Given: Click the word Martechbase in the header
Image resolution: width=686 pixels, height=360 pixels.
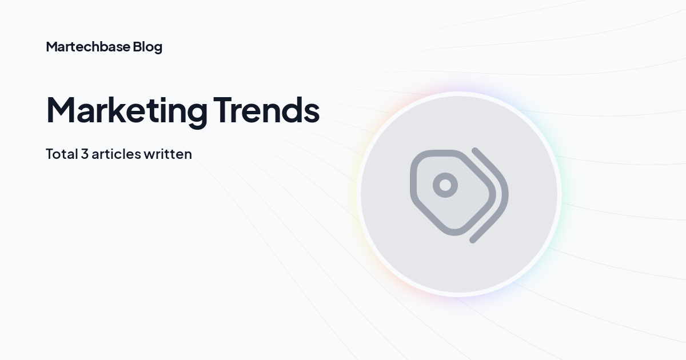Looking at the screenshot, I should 87,47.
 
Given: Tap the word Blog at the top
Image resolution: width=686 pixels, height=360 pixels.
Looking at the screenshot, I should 147,47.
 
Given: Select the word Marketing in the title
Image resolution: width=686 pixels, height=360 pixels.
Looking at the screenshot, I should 127,110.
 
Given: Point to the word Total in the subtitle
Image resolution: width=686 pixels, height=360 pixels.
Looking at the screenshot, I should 61,154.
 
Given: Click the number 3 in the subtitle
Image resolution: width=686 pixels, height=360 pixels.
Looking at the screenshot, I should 85,154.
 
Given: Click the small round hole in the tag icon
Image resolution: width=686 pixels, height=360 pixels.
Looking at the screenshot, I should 445,185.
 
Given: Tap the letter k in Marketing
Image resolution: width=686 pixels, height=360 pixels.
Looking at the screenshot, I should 125,109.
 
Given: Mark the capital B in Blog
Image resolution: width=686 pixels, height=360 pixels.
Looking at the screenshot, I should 137,47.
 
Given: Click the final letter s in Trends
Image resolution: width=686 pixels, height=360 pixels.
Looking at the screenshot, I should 312,113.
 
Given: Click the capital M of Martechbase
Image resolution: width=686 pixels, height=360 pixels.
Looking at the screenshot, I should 51,47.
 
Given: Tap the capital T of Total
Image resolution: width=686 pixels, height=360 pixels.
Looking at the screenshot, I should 49,154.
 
